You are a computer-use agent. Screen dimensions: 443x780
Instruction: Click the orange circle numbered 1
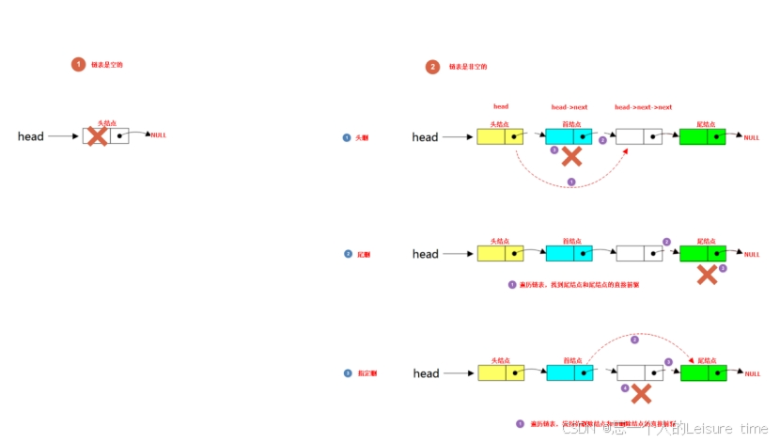pyautogui.click(x=79, y=65)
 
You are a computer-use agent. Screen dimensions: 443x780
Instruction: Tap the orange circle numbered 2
pyautogui.click(x=432, y=67)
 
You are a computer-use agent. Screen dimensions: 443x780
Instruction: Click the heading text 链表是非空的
pyautogui.click(x=468, y=67)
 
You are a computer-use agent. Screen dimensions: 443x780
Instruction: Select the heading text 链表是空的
pyautogui.click(x=107, y=65)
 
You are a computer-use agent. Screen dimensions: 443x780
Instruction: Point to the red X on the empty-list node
pyautogui.click(x=96, y=135)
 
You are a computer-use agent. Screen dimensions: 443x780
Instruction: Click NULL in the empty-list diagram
pyautogui.click(x=158, y=135)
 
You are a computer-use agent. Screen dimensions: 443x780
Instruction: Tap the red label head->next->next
pyautogui.click(x=643, y=107)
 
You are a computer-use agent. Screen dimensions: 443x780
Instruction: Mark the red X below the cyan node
pyautogui.click(x=570, y=156)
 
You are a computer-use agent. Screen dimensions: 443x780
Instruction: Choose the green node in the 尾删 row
pyautogui.click(x=702, y=253)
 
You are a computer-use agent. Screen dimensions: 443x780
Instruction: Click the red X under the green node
pyautogui.click(x=707, y=274)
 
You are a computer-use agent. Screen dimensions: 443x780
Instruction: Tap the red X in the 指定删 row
pyautogui.click(x=642, y=392)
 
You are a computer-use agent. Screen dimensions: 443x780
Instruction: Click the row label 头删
pyautogui.click(x=362, y=137)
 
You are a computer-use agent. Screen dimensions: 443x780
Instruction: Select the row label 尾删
pyautogui.click(x=363, y=254)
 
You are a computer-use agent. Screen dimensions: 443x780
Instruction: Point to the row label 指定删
pyautogui.click(x=367, y=373)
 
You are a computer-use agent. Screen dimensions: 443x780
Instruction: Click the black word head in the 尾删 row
pyautogui.click(x=425, y=254)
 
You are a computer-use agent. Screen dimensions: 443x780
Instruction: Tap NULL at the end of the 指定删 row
pyautogui.click(x=752, y=374)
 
